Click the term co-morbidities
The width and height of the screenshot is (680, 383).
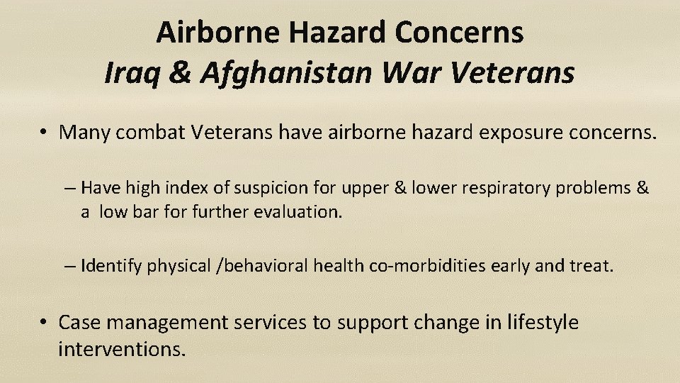(424, 266)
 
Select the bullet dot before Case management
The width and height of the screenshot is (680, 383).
(44, 323)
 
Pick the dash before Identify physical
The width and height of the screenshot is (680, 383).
(69, 267)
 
